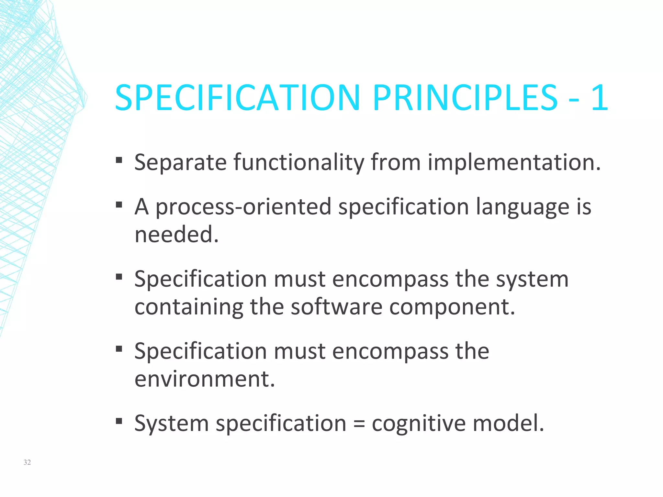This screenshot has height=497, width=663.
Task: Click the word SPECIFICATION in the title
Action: (237, 98)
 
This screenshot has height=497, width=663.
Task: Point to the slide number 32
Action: (27, 462)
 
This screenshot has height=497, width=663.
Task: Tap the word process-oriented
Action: (243, 207)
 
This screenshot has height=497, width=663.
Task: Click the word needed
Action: (176, 234)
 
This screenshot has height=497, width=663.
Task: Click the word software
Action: (336, 307)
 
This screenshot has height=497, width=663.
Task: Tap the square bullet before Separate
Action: (119, 160)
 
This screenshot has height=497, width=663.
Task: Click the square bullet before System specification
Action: (119, 421)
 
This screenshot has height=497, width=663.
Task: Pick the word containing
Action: (189, 307)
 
